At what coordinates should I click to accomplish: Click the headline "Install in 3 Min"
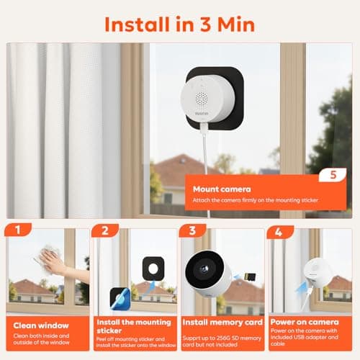coord(180,23)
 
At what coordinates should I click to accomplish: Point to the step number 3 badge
coord(192,232)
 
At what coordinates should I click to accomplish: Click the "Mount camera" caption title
coord(217,189)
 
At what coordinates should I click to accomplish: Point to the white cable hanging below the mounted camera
coord(204,166)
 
